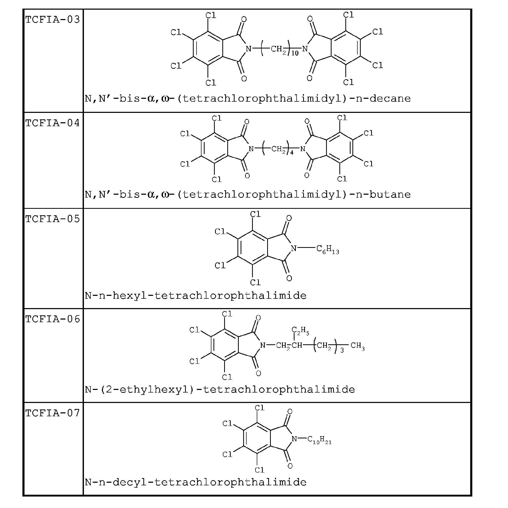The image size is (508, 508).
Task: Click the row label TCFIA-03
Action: pyautogui.click(x=53, y=20)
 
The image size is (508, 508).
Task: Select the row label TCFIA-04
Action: pyautogui.click(x=53, y=123)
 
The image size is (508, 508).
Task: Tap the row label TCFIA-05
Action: pyautogui.click(x=53, y=219)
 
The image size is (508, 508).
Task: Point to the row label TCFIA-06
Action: pyautogui.click(x=53, y=319)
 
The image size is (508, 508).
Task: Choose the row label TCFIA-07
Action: pyautogui.click(x=53, y=413)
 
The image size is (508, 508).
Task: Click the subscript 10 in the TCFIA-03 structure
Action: pyautogui.click(x=295, y=53)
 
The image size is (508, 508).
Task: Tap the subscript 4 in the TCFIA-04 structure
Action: pyautogui.click(x=292, y=152)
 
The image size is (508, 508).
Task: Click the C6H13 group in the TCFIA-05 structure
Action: pyautogui.click(x=328, y=249)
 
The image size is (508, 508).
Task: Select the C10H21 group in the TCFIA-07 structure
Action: pyautogui.click(x=320, y=440)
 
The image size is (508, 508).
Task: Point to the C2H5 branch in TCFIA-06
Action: pyautogui.click(x=300, y=330)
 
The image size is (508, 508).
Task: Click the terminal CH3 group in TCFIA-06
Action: pyautogui.click(x=358, y=346)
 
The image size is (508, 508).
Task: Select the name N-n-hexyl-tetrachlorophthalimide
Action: pyautogui.click(x=196, y=296)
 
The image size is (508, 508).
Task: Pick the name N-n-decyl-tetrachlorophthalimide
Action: pyautogui.click(x=196, y=482)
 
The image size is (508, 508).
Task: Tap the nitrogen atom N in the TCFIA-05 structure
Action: pyautogui.click(x=294, y=248)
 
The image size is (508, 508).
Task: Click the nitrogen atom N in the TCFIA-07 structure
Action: pyautogui.click(x=295, y=439)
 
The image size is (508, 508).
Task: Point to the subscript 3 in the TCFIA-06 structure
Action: pyautogui.click(x=342, y=351)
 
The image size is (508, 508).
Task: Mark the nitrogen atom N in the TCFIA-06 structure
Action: pyautogui.click(x=263, y=346)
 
